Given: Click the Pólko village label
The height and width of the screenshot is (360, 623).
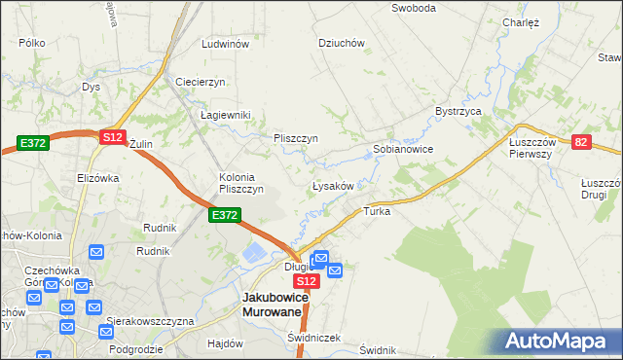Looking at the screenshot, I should pyautogui.click(x=32, y=44).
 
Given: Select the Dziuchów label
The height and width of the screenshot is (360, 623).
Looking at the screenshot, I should pyautogui.click(x=342, y=43).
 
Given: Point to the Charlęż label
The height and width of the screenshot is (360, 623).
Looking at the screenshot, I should pyautogui.click(x=521, y=22).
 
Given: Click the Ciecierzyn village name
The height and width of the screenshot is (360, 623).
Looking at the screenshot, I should pyautogui.click(x=201, y=82).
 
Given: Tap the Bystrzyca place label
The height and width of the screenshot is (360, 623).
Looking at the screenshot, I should pyautogui.click(x=459, y=112).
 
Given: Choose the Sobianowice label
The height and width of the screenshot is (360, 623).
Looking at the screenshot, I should pyautogui.click(x=403, y=150).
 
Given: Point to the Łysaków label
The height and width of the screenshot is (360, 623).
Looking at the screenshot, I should pyautogui.click(x=338, y=185).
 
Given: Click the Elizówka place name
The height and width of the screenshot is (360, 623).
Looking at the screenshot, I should pyautogui.click(x=97, y=178).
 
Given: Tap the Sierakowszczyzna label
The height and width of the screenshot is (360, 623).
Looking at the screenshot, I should pyautogui.click(x=152, y=321).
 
